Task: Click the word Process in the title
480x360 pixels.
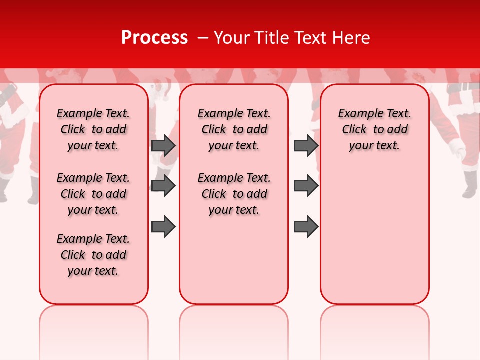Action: pos(154,38)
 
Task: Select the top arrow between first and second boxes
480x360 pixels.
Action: pos(163,145)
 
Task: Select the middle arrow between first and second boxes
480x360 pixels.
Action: pos(163,186)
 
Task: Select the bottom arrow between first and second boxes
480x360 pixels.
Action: pos(163,226)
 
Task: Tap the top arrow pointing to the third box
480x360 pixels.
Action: pos(306,145)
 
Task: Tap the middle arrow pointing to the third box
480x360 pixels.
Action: pos(306,186)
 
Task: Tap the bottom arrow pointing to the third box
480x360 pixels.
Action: pos(306,226)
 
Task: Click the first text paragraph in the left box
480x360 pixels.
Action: pos(93,129)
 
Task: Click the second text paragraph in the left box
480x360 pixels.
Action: pos(93,194)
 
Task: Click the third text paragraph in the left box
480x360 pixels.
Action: pos(93,255)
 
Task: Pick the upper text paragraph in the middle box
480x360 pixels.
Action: pos(234,129)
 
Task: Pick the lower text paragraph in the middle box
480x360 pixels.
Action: pos(234,194)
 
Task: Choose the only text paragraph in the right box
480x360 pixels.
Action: pos(374,129)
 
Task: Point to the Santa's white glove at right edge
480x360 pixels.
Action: pos(457,148)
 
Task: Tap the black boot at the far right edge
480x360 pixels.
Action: pos(470,185)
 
